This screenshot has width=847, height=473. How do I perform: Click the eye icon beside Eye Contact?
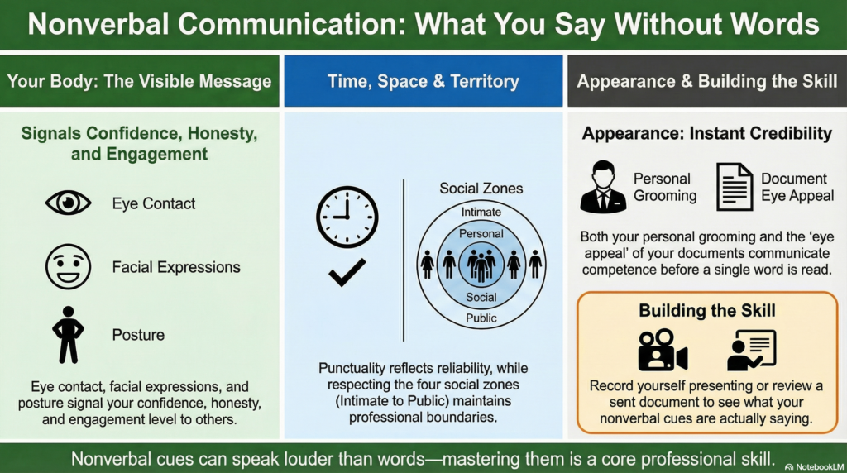68,203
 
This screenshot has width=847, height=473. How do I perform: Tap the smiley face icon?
68,266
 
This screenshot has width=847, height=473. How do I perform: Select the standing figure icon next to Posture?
68,334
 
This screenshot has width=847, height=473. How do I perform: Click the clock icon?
347,217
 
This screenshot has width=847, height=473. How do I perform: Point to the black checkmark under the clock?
347,271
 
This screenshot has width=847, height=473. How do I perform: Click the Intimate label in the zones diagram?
481,213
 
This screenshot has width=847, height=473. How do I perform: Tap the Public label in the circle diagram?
481,318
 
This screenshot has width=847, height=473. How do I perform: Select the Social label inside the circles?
481,297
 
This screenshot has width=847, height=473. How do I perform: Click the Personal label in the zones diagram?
481,234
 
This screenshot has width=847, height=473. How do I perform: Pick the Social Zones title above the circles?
481,188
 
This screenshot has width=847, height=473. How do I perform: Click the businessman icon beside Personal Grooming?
603,186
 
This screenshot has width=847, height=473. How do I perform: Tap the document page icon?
735,187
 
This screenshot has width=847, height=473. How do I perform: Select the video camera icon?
663,350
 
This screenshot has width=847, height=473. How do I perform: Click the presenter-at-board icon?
751,350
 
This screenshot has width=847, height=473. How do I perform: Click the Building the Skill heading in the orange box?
707,310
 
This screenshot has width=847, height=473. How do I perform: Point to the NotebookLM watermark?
814,466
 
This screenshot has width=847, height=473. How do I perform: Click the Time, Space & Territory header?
423,81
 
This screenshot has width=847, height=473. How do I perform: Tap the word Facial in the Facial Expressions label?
130,267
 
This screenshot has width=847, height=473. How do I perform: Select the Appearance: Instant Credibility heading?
707,133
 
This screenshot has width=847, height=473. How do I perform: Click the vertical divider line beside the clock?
404,260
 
